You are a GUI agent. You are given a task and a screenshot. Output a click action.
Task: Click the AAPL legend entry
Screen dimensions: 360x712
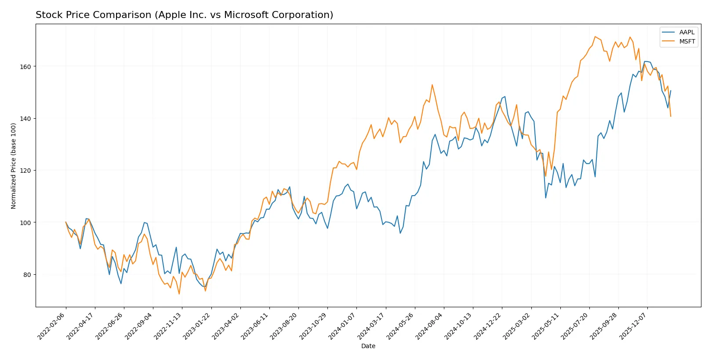click(687, 32)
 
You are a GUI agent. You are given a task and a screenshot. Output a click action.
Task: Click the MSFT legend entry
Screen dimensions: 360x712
click(687, 41)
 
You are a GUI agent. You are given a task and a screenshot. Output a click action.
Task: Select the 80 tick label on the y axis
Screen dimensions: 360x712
click(27, 275)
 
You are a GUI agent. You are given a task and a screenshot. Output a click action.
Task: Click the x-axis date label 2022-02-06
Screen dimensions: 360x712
click(52, 326)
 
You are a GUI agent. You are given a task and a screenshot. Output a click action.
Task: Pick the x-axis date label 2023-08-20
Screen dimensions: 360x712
click(284, 326)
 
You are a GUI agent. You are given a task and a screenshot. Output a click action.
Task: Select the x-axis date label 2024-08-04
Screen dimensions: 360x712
click(430, 326)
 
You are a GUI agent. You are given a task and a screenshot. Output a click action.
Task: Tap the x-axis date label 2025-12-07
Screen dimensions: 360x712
click(633, 326)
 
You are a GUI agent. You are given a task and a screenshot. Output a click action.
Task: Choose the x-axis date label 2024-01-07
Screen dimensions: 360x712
click(342, 326)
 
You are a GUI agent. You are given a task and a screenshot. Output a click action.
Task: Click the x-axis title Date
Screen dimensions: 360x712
click(368, 346)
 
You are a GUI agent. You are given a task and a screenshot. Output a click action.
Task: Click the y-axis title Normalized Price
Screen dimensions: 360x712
click(14, 166)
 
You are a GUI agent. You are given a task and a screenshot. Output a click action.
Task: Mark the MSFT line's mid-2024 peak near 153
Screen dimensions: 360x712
click(432, 85)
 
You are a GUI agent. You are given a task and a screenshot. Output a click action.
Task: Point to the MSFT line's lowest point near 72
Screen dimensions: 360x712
click(179, 294)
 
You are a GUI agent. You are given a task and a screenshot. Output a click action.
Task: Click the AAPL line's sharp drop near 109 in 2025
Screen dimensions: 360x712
click(546, 198)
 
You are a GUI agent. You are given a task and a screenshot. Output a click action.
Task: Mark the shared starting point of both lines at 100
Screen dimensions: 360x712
click(66, 222)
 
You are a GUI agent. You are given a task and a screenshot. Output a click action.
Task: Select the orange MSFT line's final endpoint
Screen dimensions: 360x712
click(671, 116)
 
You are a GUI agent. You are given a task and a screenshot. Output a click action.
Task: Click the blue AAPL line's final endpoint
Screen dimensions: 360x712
click(671, 91)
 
